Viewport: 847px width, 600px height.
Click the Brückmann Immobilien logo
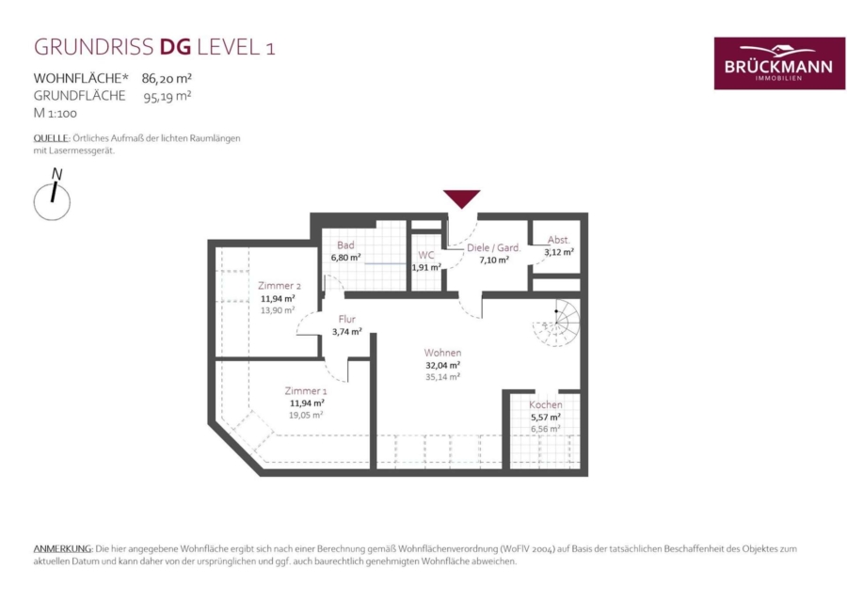click(779, 63)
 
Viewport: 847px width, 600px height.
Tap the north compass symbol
click(53, 196)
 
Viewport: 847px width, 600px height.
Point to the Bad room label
click(345, 245)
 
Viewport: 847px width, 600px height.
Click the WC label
click(426, 255)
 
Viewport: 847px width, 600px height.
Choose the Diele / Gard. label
click(494, 247)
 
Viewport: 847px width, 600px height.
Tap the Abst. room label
click(558, 240)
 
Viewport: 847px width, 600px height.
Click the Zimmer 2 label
click(280, 286)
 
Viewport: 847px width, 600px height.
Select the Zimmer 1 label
click(306, 390)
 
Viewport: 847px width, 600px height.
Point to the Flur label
click(346, 319)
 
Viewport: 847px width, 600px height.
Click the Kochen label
click(546, 404)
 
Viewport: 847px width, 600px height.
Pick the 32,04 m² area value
click(443, 365)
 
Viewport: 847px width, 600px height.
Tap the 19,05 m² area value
click(306, 415)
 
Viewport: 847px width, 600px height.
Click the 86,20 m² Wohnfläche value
click(167, 78)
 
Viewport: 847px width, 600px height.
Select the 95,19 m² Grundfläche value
click(168, 97)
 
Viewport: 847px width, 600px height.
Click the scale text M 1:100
click(56, 113)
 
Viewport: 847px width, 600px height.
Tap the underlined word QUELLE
click(52, 138)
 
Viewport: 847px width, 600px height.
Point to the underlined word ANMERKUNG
click(63, 548)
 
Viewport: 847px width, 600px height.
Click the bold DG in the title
click(176, 47)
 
